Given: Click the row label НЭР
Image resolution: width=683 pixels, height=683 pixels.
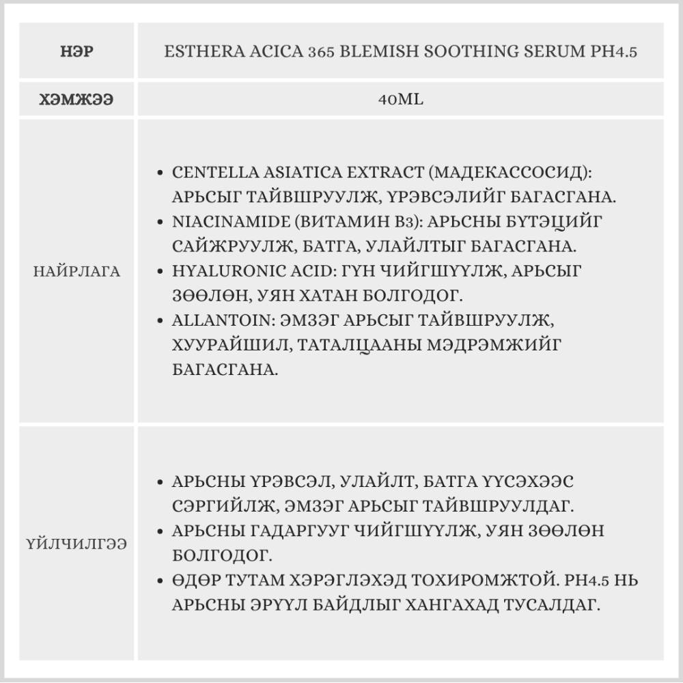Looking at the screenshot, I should click(76, 52).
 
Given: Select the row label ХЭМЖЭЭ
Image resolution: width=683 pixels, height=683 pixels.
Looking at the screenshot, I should click(76, 100).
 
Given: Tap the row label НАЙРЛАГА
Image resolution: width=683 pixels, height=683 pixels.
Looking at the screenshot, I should click(76, 271).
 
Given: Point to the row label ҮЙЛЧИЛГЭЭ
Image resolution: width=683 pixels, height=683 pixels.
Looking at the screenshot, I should click(76, 544).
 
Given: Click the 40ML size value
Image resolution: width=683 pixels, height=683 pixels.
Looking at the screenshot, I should click(400, 100).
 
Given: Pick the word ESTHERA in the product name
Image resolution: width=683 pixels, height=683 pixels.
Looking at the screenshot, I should click(197, 52).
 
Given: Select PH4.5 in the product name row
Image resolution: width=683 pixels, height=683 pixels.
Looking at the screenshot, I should click(613, 52).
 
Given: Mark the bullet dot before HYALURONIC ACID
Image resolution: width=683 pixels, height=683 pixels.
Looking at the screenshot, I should click(160, 271).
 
